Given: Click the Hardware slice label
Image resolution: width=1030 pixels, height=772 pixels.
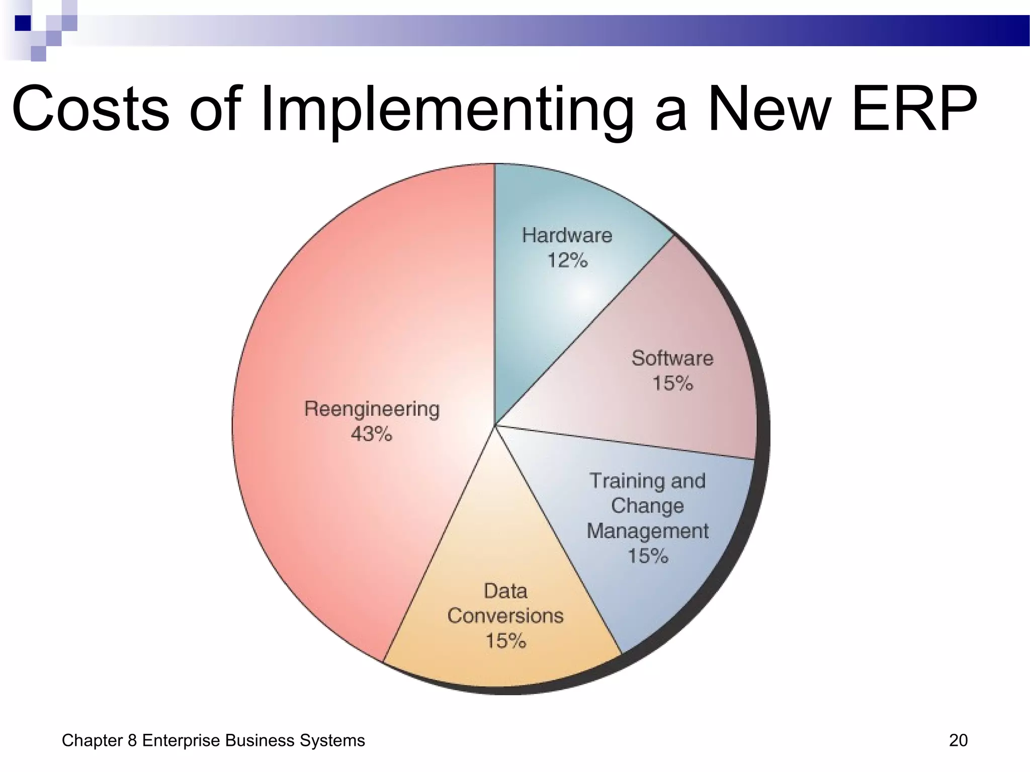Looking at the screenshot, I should tap(567, 235).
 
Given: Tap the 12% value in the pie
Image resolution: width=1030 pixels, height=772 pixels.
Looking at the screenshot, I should tap(567, 260).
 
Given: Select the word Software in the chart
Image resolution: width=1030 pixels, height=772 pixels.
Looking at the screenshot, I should tap(672, 358).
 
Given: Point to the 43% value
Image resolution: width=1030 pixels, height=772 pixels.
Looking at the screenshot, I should tap(371, 434).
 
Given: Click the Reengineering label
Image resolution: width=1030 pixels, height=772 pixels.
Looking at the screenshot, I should tap(372, 409).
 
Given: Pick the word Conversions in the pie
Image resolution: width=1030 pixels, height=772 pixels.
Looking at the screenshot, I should tap(505, 616).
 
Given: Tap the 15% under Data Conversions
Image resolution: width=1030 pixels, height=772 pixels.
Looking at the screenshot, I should tap(505, 641).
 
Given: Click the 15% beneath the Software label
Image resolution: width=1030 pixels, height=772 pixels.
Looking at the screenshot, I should tap(672, 383).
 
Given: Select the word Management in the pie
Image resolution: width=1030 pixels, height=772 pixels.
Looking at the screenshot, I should tap(647, 531).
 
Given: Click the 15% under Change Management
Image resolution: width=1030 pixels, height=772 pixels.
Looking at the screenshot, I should tap(648, 556).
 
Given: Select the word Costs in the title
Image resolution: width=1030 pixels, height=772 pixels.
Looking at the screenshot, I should tap(91, 109).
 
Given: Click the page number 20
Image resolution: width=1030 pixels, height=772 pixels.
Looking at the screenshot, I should tap(958, 740).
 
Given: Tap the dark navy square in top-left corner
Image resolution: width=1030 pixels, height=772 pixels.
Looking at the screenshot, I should tap(23, 23).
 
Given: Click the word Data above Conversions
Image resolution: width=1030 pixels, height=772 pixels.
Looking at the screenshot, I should tap(505, 591).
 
